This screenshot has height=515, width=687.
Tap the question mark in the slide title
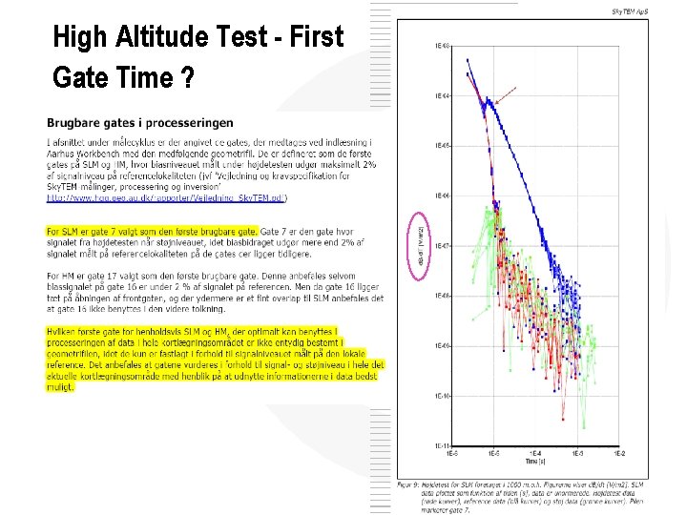click(x=190, y=76)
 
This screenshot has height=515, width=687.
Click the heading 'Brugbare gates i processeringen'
click(x=139, y=123)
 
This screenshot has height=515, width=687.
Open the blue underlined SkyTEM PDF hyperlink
click(x=167, y=198)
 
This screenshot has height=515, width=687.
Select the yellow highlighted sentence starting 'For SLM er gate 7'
click(x=152, y=231)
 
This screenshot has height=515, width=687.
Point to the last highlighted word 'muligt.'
click(x=60, y=387)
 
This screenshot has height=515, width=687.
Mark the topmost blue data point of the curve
click(x=468, y=60)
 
